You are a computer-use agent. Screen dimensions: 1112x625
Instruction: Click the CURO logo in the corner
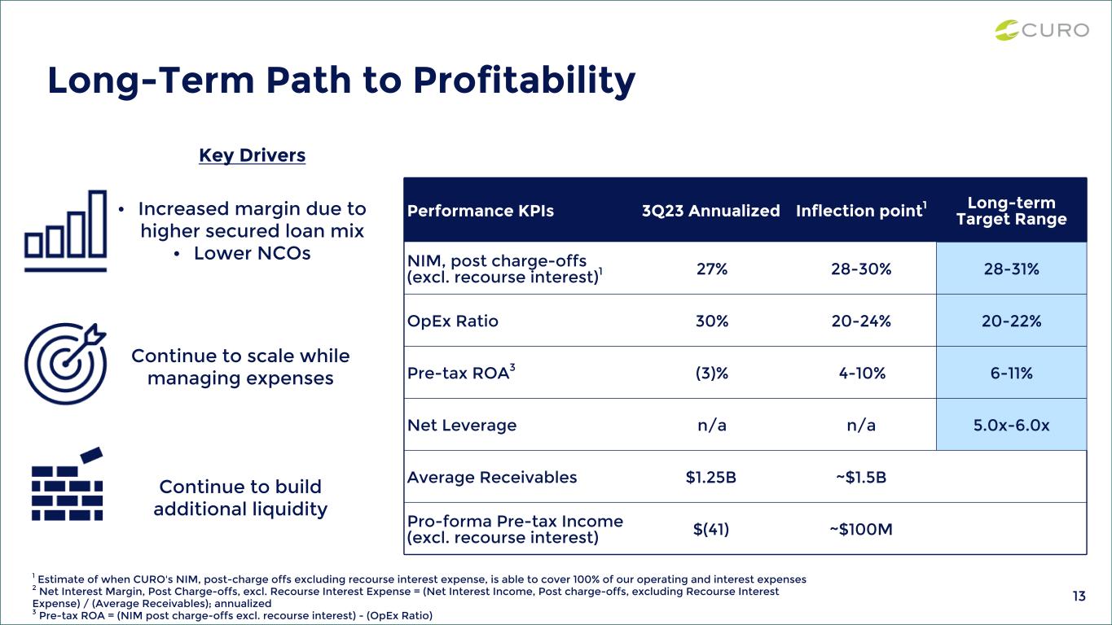pos(1042,30)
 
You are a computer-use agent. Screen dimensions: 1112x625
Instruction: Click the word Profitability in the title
pos(525,81)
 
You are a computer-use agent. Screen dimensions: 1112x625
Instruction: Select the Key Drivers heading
pos(253,155)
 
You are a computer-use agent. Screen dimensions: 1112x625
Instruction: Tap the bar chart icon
pos(65,231)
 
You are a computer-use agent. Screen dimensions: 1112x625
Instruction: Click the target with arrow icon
pos(65,364)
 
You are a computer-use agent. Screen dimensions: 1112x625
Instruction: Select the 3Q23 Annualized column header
pos(711,211)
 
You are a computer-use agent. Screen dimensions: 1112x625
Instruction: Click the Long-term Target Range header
pos(1011,211)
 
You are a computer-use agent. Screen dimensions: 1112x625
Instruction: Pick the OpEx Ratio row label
pos(453,321)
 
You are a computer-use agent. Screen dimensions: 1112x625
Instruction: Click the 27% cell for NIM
pos(712,269)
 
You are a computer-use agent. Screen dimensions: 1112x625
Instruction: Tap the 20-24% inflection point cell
pos(861,321)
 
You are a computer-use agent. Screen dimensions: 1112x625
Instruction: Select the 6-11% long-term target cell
pos(1011,373)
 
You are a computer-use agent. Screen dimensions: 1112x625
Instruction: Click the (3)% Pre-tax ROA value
pos(712,373)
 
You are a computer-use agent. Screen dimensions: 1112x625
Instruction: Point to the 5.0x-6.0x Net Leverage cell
pos(1011,425)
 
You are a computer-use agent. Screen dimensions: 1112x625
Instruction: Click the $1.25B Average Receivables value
pos(711,477)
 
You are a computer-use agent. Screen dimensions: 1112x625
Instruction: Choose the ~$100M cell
pos(861,529)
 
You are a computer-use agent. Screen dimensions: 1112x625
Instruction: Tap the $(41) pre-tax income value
pos(711,529)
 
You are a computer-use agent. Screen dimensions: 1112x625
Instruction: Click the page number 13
pos(1079,597)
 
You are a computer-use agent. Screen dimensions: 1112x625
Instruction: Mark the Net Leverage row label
pos(462,425)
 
